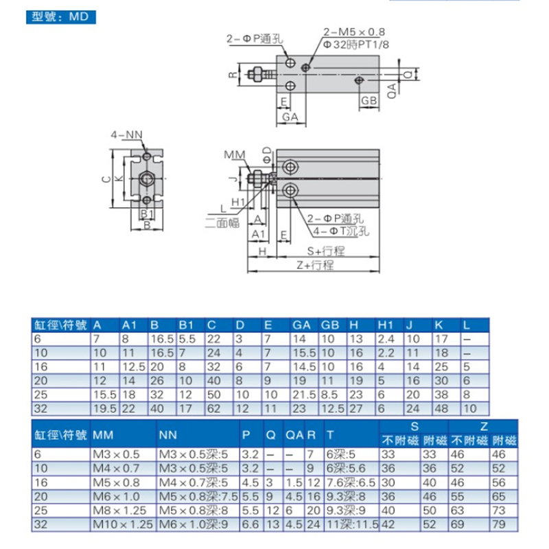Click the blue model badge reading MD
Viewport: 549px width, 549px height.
60,16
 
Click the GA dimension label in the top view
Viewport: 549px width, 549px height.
290,117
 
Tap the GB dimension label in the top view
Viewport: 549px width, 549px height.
369,101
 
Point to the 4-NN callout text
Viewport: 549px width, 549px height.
127,135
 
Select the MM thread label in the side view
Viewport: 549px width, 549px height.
234,154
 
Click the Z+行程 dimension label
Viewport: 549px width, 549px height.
315,265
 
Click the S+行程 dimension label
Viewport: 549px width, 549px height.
325,251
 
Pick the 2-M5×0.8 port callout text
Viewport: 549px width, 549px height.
354,32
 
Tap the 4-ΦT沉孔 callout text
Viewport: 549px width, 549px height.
341,231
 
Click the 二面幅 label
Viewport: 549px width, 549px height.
222,223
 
